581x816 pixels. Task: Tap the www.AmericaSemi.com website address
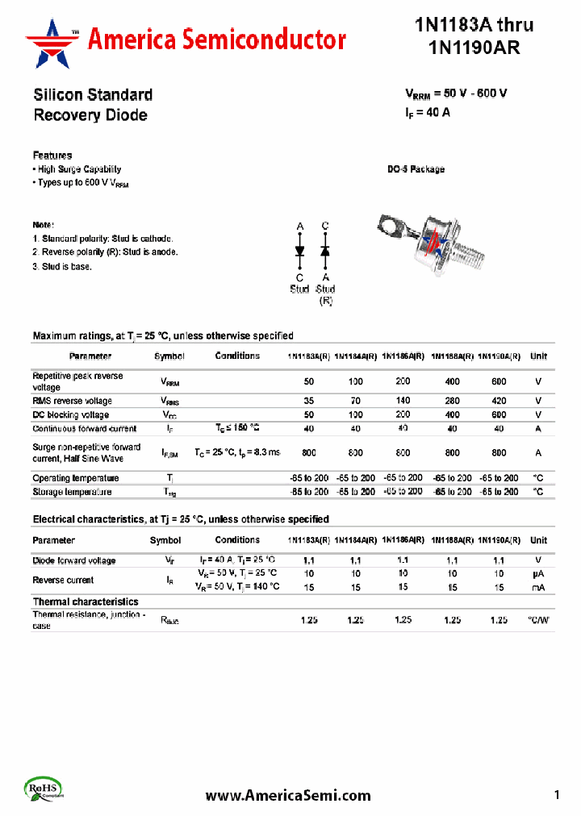tap(288, 795)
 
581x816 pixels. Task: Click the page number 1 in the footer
tap(557, 795)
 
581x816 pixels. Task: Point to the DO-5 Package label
tap(416, 169)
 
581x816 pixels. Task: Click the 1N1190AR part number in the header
tap(474, 48)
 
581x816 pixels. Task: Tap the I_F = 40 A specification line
tap(428, 113)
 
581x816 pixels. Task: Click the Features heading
tap(52, 155)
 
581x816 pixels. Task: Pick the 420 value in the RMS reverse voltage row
tap(499, 401)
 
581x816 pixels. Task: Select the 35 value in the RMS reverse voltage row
tap(308, 401)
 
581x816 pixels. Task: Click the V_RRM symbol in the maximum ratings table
tap(169, 382)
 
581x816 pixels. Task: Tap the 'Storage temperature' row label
tap(72, 492)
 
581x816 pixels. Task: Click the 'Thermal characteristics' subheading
tap(86, 602)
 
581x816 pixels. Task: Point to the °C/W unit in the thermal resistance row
tap(538, 620)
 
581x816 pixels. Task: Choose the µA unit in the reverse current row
tap(538, 573)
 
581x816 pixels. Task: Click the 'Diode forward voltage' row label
tap(74, 560)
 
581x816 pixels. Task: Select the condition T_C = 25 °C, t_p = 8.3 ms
tap(236, 454)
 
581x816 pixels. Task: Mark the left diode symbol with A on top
tap(299, 252)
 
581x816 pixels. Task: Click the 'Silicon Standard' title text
tap(93, 94)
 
